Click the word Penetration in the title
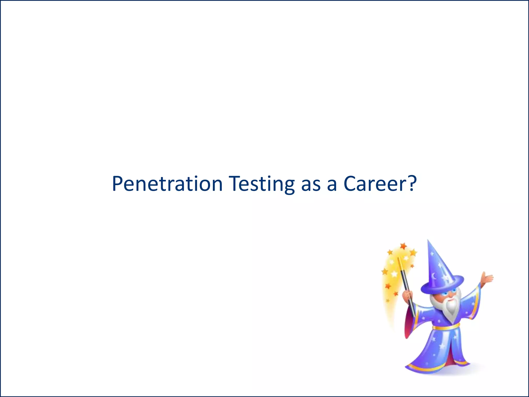[167, 184]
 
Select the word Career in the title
[376, 184]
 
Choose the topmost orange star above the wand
[403, 246]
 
